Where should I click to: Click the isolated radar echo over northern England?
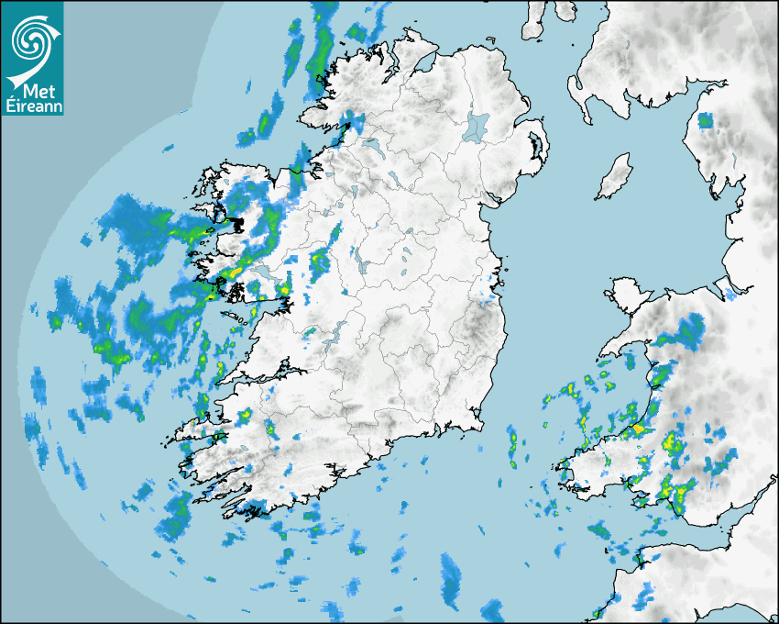tap(705, 120)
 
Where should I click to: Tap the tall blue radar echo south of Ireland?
tap(451, 580)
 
